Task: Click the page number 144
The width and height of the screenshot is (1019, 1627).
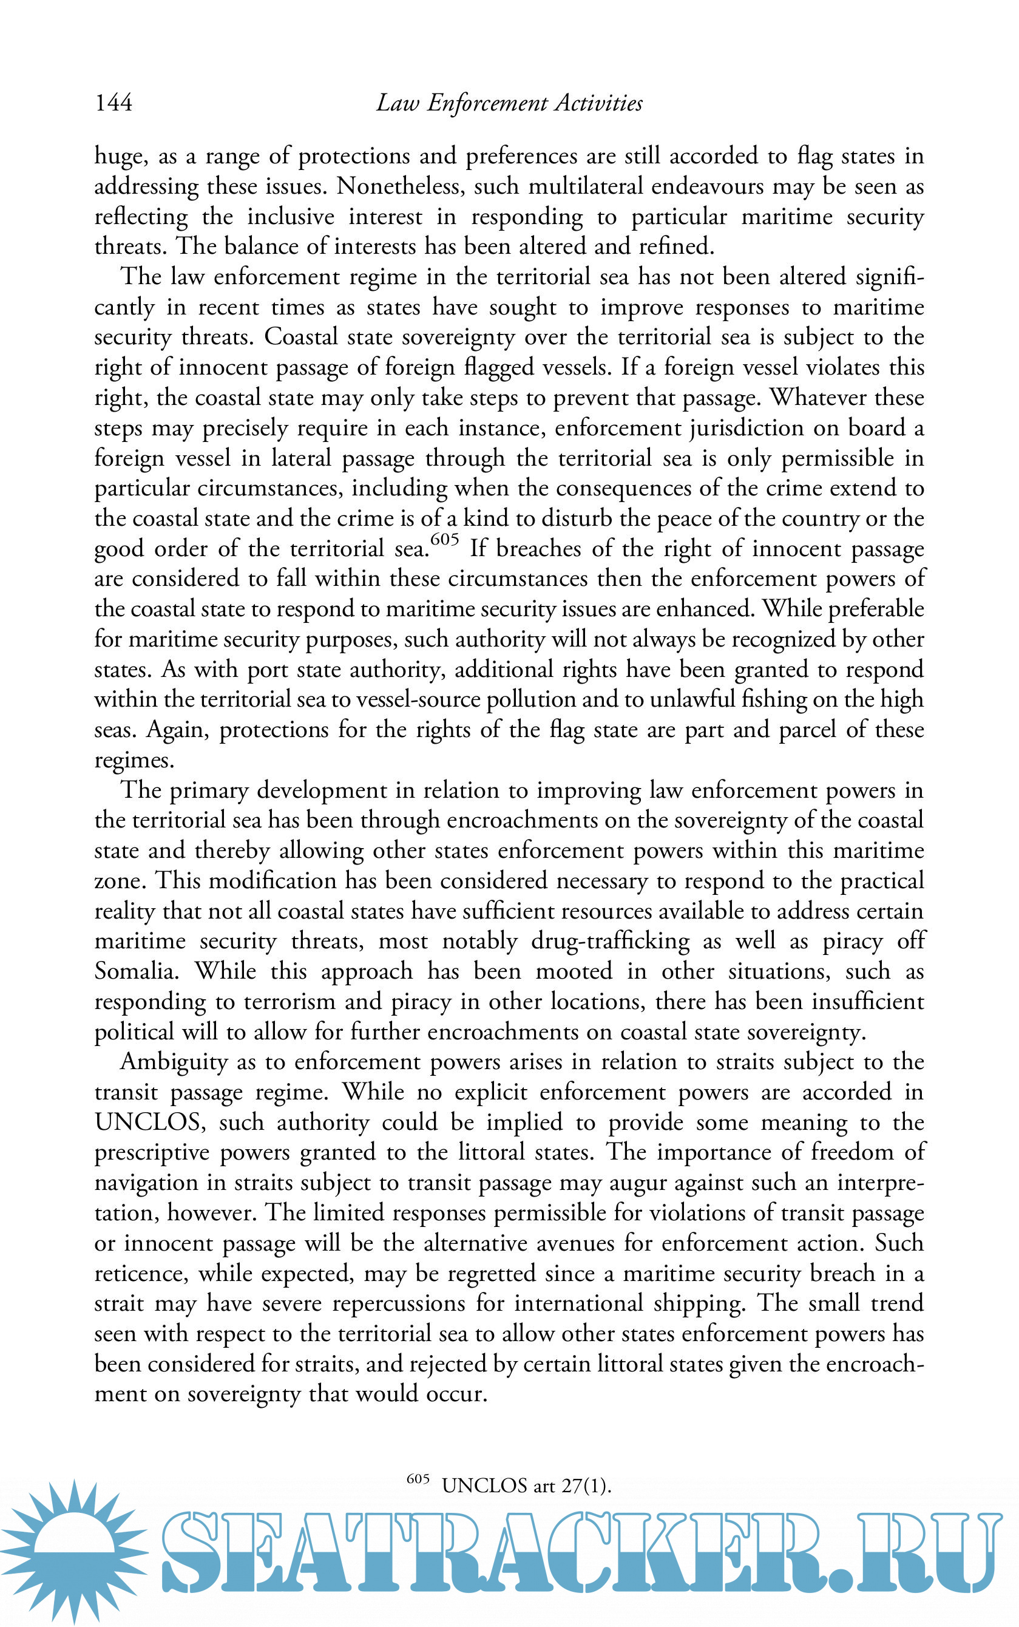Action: [x=113, y=103]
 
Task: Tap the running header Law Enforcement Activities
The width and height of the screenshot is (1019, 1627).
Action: [x=509, y=103]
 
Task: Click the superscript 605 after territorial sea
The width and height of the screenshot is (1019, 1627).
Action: [x=444, y=539]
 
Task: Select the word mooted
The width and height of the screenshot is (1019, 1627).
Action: [x=574, y=971]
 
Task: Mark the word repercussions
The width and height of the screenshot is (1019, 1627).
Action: [x=398, y=1303]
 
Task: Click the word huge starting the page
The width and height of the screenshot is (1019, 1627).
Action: [x=120, y=157]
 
